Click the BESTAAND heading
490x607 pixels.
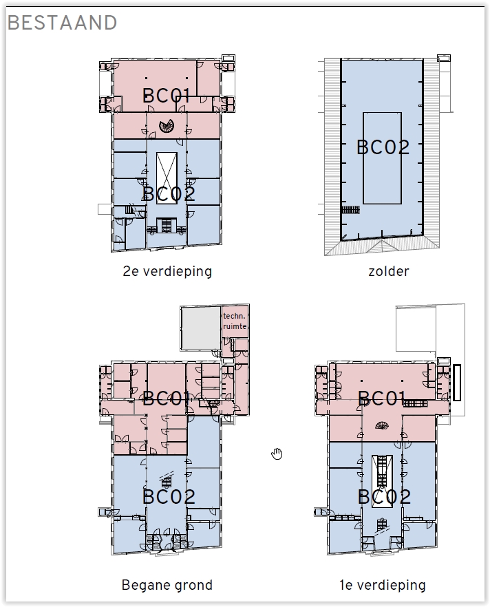click(x=62, y=23)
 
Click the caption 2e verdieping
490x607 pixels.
click(x=167, y=271)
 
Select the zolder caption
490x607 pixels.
click(x=389, y=271)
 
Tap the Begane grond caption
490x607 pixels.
click(x=167, y=585)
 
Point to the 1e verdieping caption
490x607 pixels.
click(x=383, y=585)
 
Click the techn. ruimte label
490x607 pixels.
click(x=235, y=321)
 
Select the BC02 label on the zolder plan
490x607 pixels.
click(x=383, y=147)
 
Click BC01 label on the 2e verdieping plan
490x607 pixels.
click(x=167, y=96)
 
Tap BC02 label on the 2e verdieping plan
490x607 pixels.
click(x=169, y=193)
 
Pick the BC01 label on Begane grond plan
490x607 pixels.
click(x=167, y=398)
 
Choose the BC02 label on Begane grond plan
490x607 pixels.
click(x=169, y=497)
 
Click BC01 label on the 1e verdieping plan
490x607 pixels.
click(x=382, y=398)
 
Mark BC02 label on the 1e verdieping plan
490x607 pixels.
click(x=384, y=497)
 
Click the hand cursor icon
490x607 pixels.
click(x=277, y=454)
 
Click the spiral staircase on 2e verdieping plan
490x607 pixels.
click(x=167, y=125)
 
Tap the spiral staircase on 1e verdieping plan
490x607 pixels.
click(x=382, y=426)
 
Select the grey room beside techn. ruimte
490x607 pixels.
click(x=200, y=328)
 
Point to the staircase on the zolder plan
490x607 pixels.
click(x=351, y=209)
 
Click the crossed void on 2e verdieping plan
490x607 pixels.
click(x=167, y=178)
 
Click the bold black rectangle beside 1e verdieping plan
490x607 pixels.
click(x=457, y=383)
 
